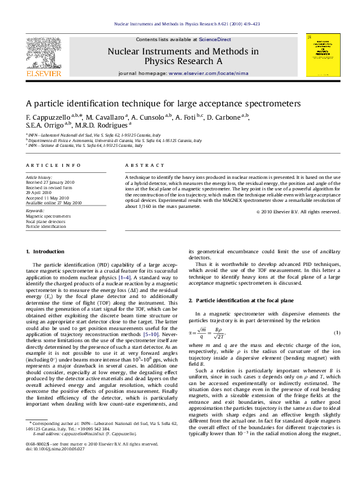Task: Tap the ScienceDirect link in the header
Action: [x=214, y=39]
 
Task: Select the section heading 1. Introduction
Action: [x=45, y=251]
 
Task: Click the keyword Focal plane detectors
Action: [x=46, y=221]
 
